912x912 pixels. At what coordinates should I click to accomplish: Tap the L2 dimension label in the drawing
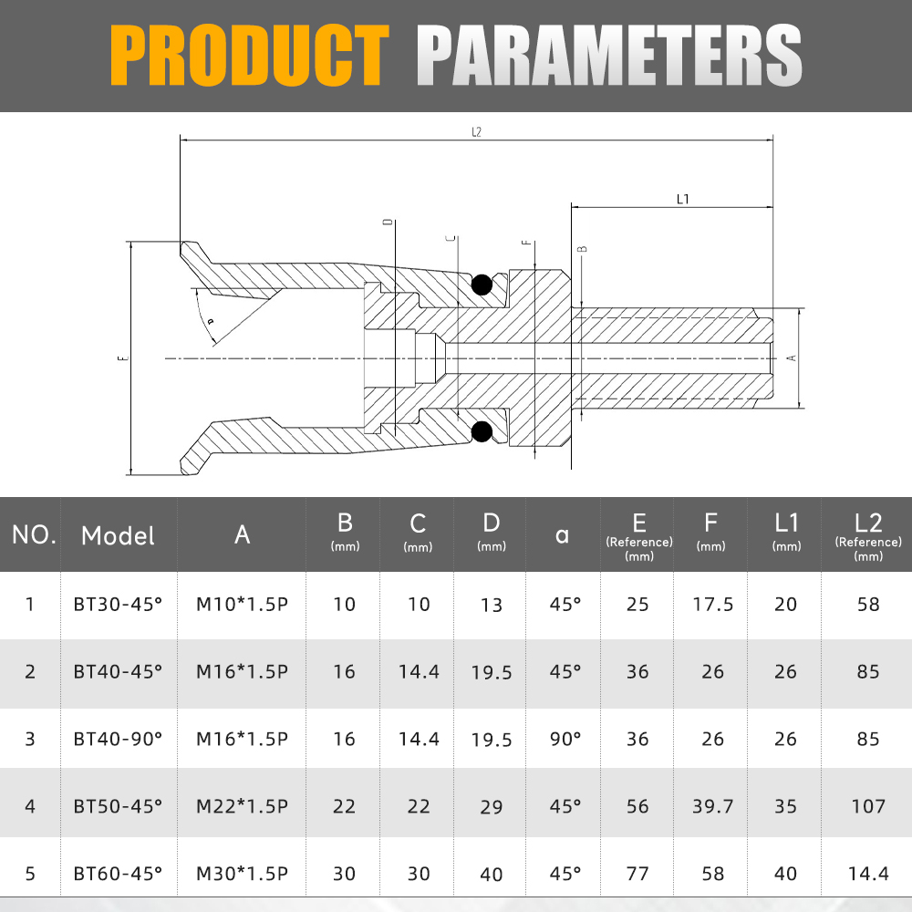click(x=476, y=132)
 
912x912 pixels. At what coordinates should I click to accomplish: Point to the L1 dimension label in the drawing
click(x=682, y=199)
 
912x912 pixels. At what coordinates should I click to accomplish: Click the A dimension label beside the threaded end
click(x=792, y=358)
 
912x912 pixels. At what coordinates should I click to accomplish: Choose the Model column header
click(x=118, y=535)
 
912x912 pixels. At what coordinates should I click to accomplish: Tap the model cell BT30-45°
click(x=118, y=604)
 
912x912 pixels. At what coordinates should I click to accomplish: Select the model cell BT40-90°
click(x=118, y=738)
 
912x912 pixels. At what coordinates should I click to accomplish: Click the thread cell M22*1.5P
click(x=243, y=805)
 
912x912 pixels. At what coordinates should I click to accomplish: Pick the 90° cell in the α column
click(x=565, y=738)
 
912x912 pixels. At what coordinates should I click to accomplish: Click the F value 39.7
click(x=712, y=805)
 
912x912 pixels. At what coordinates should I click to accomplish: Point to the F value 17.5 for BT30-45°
click(x=712, y=604)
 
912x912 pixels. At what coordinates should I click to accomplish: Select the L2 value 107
click(x=868, y=805)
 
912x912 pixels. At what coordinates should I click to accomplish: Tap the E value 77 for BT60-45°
click(x=637, y=874)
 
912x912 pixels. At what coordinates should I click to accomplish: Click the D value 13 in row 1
click(x=492, y=605)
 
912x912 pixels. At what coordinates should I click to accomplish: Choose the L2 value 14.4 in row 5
click(x=868, y=874)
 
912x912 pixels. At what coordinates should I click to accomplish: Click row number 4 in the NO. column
click(x=30, y=805)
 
